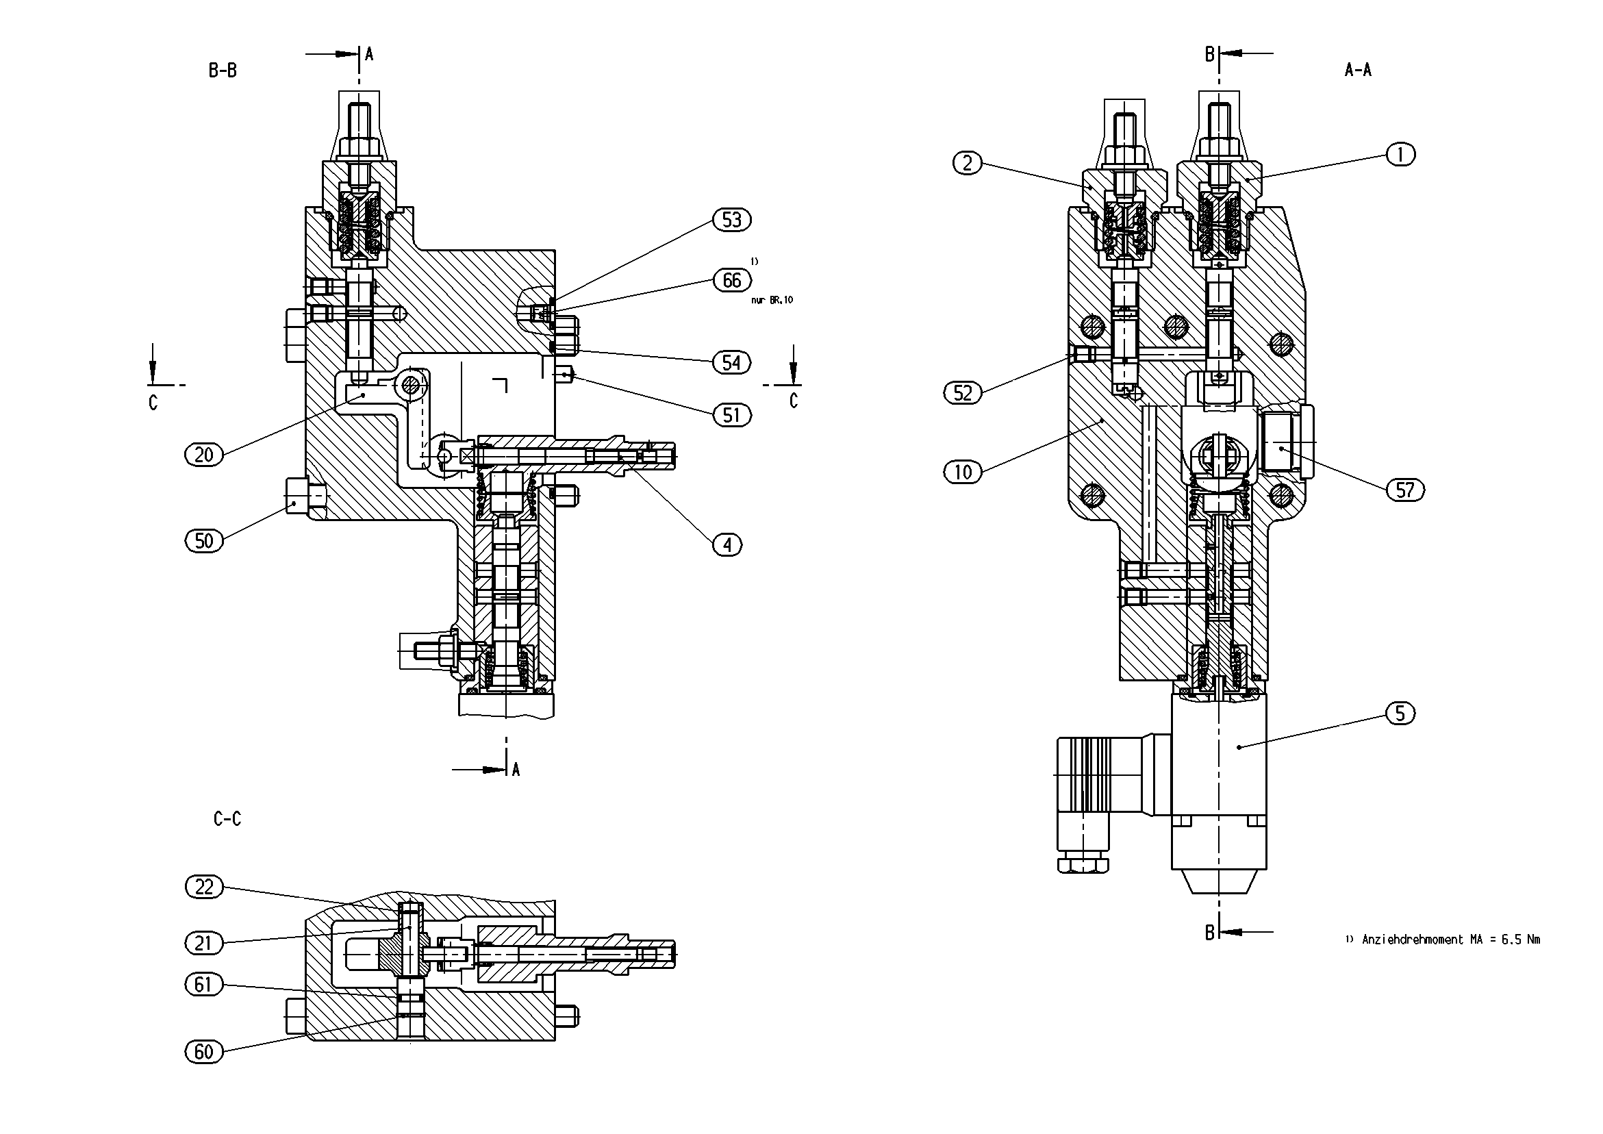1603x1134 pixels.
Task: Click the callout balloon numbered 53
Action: pyautogui.click(x=731, y=220)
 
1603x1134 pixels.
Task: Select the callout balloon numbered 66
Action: pyautogui.click(x=732, y=280)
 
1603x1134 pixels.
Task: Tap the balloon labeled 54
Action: pyautogui.click(x=731, y=362)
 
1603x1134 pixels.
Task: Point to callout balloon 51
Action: pyautogui.click(x=731, y=416)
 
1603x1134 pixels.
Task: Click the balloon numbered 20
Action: pyautogui.click(x=204, y=455)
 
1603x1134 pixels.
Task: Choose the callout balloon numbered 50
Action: pyautogui.click(x=204, y=540)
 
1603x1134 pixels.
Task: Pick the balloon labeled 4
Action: pyautogui.click(x=727, y=544)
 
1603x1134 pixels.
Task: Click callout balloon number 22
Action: pyautogui.click(x=204, y=887)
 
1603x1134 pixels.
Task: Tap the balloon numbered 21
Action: pyautogui.click(x=203, y=944)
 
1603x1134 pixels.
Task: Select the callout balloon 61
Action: pyautogui.click(x=203, y=985)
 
